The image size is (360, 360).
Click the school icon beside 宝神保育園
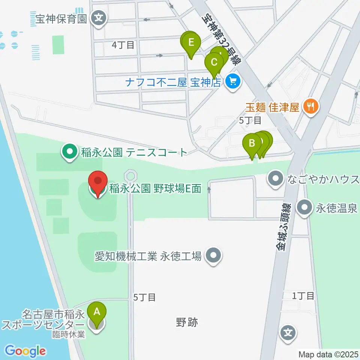point(99,17)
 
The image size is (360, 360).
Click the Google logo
point(25,351)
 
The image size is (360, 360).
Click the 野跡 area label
point(186,322)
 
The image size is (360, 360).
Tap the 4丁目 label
point(123,45)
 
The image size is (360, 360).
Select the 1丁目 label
point(303,296)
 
